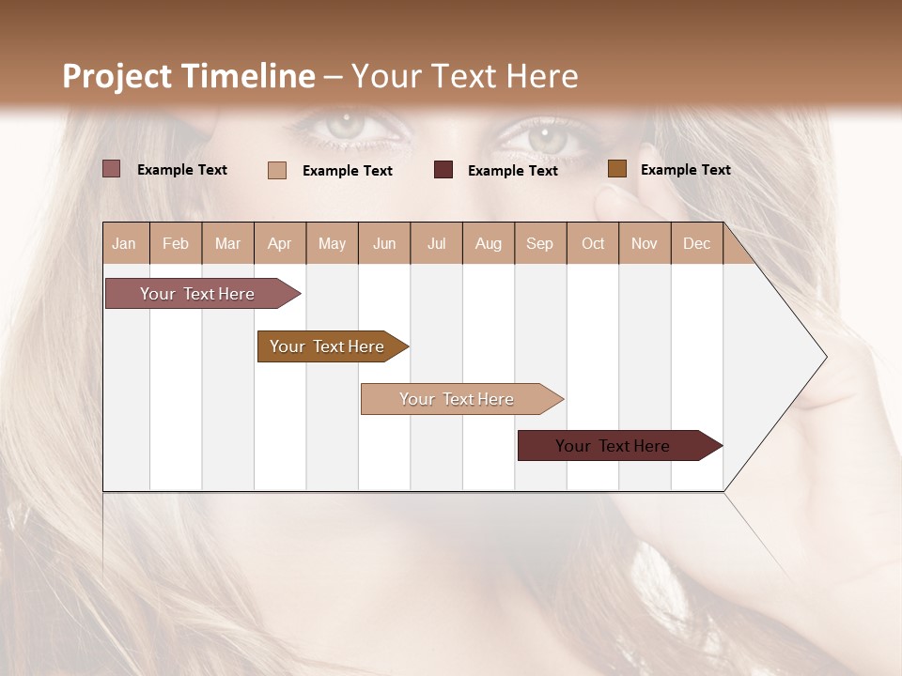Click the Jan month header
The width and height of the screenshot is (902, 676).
(124, 243)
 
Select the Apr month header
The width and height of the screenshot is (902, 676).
(280, 243)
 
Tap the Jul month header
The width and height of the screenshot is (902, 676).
(437, 243)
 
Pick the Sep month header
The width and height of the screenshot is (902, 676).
(539, 243)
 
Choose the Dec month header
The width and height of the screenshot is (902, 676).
(696, 243)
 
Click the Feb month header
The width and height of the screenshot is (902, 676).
(176, 243)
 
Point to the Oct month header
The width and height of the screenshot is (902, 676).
(593, 243)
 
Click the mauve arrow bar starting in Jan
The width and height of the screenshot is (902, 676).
(198, 294)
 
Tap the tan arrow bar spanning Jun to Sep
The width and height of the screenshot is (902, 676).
(458, 399)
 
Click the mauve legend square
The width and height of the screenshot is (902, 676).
(111, 169)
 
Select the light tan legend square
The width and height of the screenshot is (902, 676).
(277, 170)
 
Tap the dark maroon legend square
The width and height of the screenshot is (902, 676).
(443, 170)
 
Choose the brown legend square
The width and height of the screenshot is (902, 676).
(616, 169)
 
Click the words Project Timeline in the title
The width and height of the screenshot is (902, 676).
(188, 76)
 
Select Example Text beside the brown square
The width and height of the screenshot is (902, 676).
(685, 170)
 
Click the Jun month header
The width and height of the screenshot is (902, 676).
(384, 243)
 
